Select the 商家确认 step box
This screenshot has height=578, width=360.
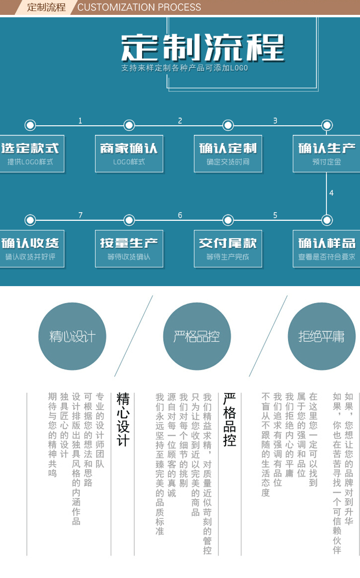pyautogui.click(x=129, y=154)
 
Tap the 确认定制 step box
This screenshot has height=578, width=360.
pyautogui.click(x=228, y=154)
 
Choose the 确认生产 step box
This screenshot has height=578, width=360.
pyautogui.click(x=326, y=154)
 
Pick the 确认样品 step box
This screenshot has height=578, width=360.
pyautogui.click(x=326, y=249)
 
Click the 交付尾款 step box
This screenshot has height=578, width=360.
pyautogui.click(x=228, y=249)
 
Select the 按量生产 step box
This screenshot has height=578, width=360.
pyautogui.click(x=129, y=249)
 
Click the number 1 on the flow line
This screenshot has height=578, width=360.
pyautogui.click(x=80, y=121)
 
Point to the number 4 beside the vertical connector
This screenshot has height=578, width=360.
pyautogui.click(x=331, y=193)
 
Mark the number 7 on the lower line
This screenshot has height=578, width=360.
pyautogui.click(x=80, y=216)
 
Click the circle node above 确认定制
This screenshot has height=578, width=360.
pyautogui.click(x=228, y=125)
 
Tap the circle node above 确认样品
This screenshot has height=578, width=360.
pyautogui.click(x=327, y=220)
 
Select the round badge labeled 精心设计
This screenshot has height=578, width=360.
pyautogui.click(x=72, y=336)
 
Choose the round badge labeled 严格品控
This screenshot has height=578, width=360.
pyautogui.click(x=197, y=336)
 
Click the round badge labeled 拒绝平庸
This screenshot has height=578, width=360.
pyautogui.click(x=321, y=336)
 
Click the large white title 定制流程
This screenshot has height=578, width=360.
pyautogui.click(x=203, y=48)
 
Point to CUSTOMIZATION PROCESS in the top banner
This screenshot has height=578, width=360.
pyautogui.click(x=139, y=7)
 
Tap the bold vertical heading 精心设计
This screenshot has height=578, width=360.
pyautogui.click(x=123, y=419)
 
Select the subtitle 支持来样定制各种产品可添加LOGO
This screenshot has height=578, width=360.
pyautogui.click(x=185, y=68)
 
